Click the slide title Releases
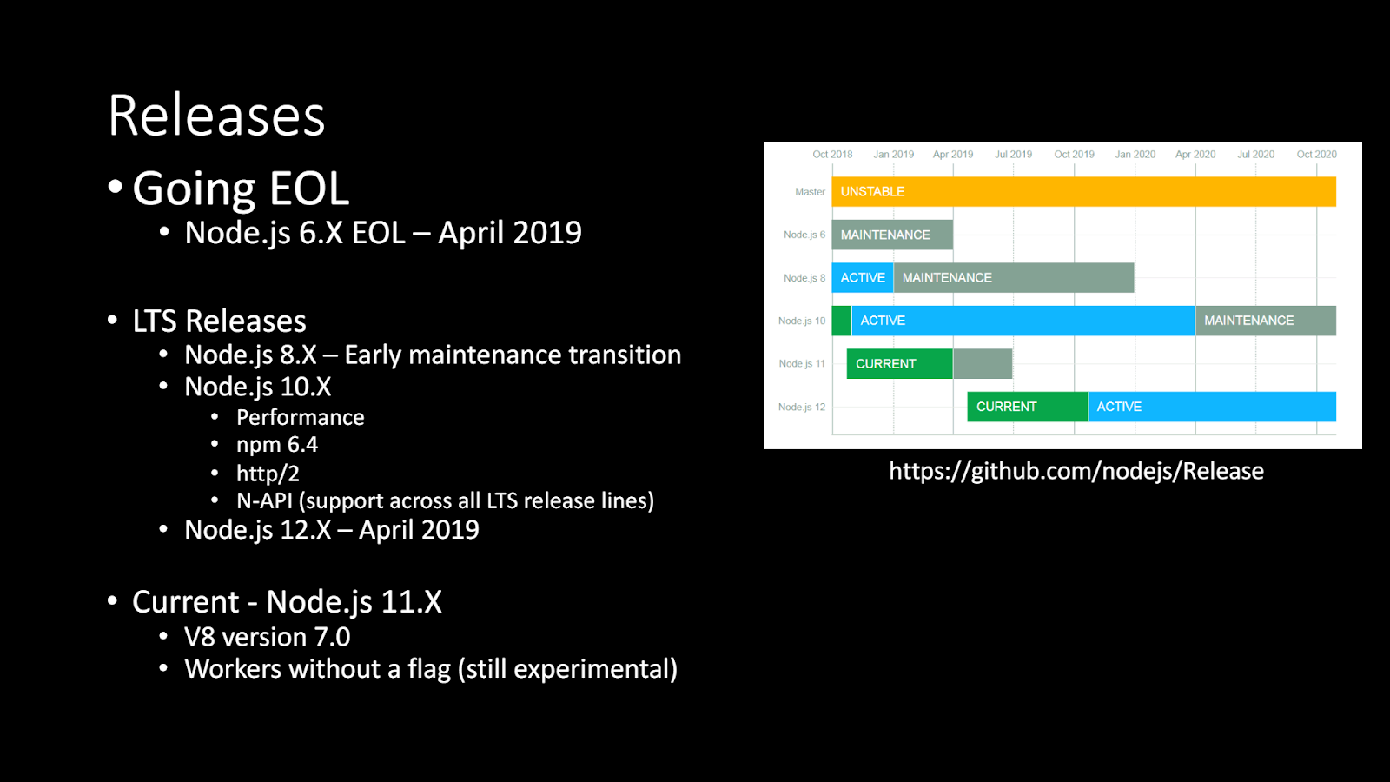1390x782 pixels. point(216,116)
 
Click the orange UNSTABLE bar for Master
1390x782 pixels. point(1083,191)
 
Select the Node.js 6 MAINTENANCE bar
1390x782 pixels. point(892,235)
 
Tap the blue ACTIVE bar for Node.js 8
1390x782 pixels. point(863,277)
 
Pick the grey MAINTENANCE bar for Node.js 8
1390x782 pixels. point(1014,277)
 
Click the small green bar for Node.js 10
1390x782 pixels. point(842,321)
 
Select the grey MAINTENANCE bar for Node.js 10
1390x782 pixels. point(1266,321)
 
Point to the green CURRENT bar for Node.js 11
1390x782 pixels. point(900,364)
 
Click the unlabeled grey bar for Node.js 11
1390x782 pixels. point(983,364)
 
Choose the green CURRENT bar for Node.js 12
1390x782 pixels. point(1028,407)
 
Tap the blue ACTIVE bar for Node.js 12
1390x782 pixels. point(1212,407)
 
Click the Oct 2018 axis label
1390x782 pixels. point(833,155)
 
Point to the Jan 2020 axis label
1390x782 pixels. point(1135,155)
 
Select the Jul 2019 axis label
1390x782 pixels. point(1013,155)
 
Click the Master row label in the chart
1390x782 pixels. point(810,192)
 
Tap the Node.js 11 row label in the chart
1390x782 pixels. point(802,364)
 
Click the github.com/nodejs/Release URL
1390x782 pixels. point(1076,471)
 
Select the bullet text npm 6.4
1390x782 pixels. point(277,445)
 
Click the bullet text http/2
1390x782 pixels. point(268,474)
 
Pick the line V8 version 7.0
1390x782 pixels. point(268,638)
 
